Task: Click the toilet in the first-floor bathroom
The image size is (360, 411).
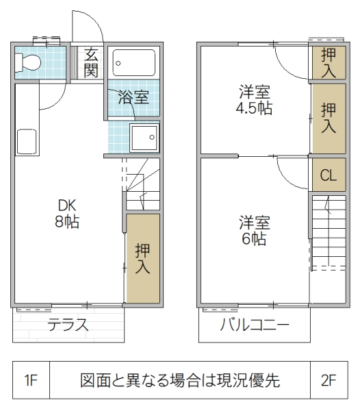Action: pyautogui.click(x=29, y=62)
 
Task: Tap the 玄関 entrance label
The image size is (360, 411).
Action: pyautogui.click(x=91, y=61)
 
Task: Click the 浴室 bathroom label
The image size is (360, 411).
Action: pyautogui.click(x=133, y=97)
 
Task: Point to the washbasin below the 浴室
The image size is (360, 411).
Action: pyautogui.click(x=143, y=139)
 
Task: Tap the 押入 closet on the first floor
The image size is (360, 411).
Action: pyautogui.click(x=142, y=258)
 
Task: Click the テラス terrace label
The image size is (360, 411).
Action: pyautogui.click(x=68, y=325)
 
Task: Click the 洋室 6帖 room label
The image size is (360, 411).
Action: pyautogui.click(x=253, y=232)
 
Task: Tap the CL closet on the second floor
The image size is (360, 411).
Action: pyautogui.click(x=329, y=175)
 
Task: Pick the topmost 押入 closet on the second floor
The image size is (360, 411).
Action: pyautogui.click(x=329, y=62)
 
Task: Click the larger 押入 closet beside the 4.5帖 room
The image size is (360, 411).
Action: pyautogui.click(x=329, y=117)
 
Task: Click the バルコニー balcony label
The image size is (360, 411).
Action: pyautogui.click(x=254, y=325)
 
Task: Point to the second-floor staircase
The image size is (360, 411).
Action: pyautogui.click(x=329, y=233)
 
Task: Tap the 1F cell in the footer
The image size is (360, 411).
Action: pyautogui.click(x=30, y=381)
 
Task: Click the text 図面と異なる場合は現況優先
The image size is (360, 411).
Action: pyautogui.click(x=179, y=381)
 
